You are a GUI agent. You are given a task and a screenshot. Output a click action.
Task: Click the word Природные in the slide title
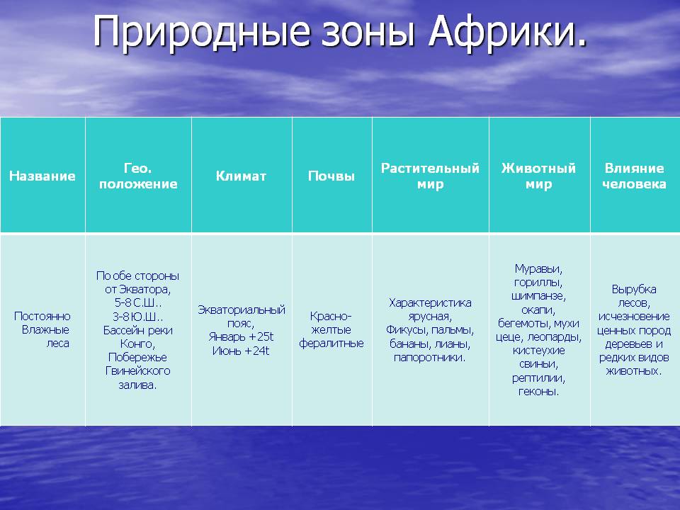202,32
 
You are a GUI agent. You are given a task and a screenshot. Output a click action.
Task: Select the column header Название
42,176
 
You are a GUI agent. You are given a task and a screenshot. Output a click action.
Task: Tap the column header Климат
241,176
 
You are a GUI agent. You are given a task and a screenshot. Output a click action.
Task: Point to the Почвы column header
331,176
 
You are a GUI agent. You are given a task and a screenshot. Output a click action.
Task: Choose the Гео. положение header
138,176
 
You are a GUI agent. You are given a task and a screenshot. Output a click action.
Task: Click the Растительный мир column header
430,176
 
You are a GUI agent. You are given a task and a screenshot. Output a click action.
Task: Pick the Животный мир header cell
538,176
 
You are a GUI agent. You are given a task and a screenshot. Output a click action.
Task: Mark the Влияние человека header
634,176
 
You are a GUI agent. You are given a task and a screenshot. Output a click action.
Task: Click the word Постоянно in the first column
42,316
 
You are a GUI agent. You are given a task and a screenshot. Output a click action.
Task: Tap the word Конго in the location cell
137,344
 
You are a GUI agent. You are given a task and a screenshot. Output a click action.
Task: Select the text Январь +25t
241,337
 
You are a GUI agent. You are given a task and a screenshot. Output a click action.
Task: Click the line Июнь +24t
241,351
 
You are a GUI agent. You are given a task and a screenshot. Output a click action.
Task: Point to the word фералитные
331,344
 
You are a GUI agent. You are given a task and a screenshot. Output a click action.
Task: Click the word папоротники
429,358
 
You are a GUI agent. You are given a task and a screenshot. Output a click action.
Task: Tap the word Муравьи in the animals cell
538,269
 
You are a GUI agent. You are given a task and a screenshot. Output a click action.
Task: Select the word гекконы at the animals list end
538,392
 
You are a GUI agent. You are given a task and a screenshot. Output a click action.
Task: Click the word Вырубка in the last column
634,289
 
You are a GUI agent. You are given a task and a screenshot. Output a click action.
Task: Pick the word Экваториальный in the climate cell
242,310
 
